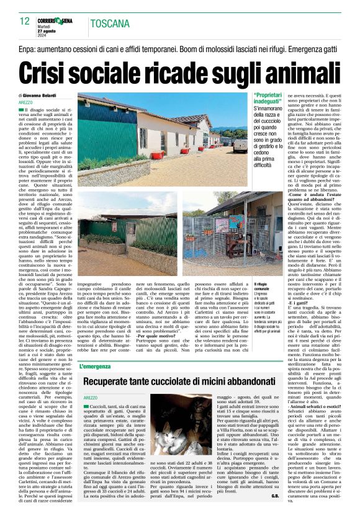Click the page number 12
coord(24,22)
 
